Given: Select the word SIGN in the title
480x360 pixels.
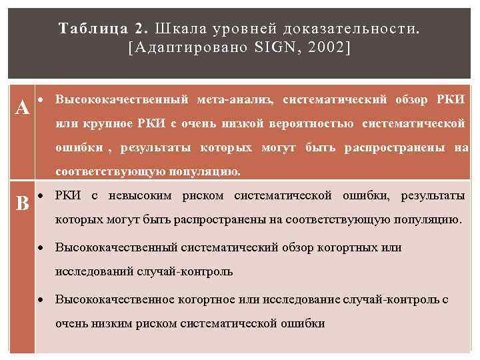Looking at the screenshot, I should (282, 48).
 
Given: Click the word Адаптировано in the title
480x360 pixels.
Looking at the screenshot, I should (193, 48).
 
